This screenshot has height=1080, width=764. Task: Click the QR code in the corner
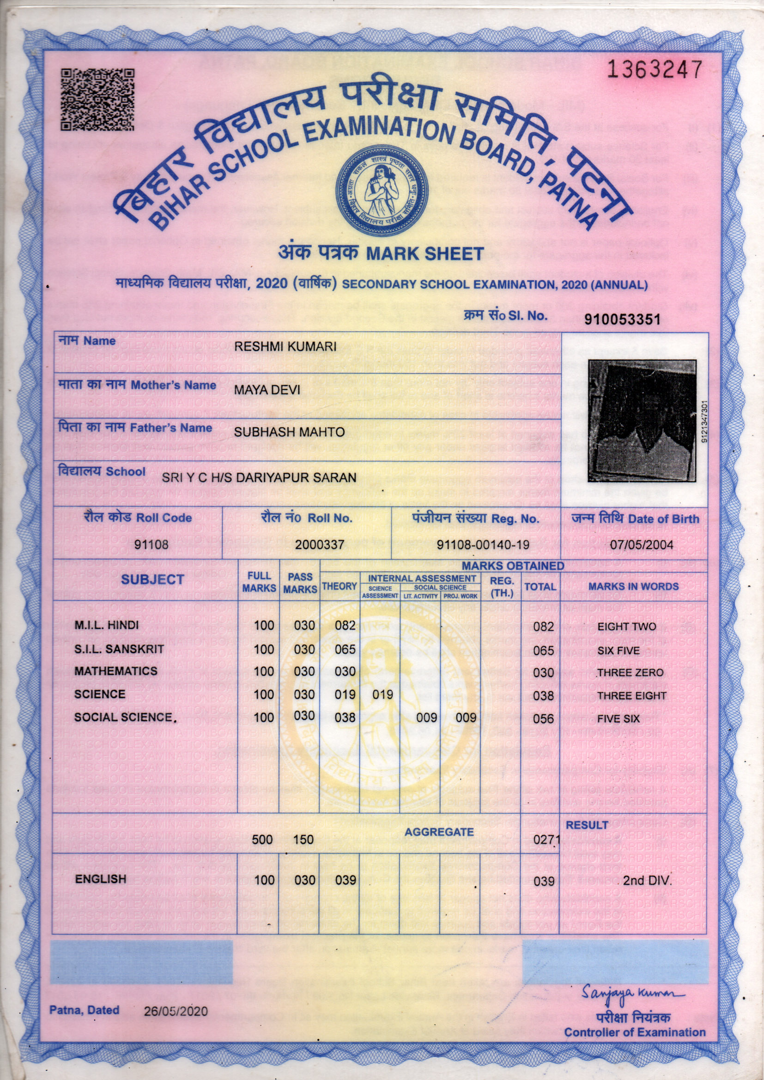[97, 99]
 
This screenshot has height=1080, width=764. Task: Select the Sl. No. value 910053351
[622, 319]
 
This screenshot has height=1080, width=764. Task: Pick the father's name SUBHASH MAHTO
[289, 432]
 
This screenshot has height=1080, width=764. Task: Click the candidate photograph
[642, 420]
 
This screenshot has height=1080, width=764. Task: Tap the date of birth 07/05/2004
[641, 545]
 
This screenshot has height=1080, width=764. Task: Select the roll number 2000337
[320, 545]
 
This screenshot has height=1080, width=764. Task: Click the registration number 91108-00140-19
[483, 545]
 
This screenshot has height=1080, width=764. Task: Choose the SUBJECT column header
[152, 580]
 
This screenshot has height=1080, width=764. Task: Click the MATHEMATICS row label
[116, 671]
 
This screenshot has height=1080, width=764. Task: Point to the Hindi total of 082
[543, 627]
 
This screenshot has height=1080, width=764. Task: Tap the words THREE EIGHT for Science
[631, 696]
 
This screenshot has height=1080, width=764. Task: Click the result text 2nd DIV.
[647, 880]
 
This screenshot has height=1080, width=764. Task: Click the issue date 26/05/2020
[176, 1011]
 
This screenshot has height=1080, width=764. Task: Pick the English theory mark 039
[346, 880]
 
